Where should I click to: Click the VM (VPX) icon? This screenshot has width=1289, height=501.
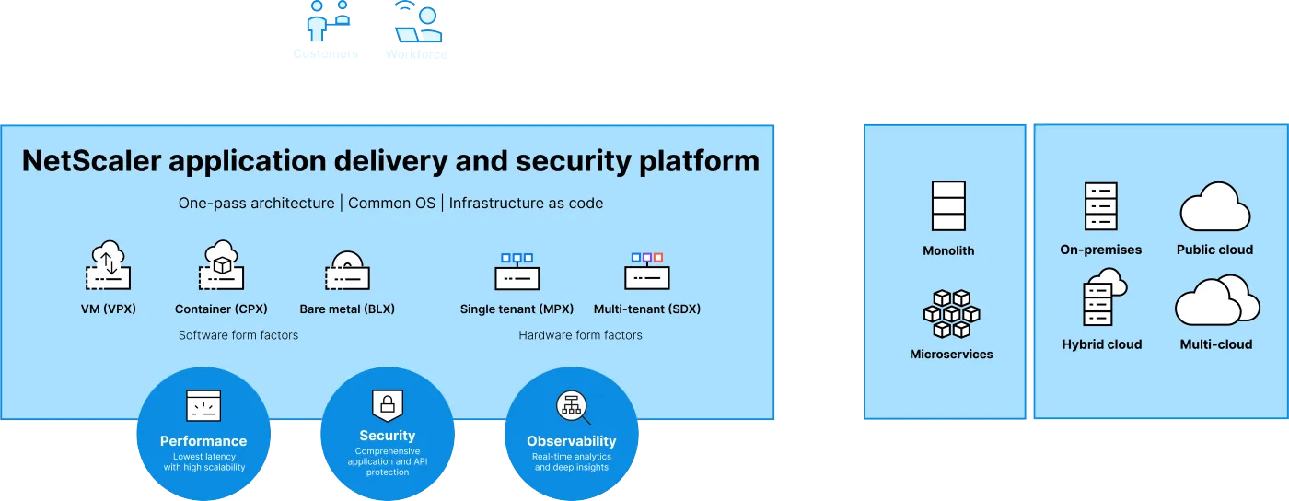[108, 267]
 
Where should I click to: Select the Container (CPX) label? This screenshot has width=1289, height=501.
[221, 309]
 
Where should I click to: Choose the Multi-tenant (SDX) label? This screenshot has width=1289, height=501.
[646, 309]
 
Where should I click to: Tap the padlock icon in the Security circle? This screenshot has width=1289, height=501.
[388, 404]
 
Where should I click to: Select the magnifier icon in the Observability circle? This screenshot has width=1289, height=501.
[572, 407]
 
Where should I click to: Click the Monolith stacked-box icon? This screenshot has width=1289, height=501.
[948, 205]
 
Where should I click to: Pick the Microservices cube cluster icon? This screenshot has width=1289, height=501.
[951, 314]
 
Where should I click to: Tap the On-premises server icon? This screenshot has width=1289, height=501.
[1100, 206]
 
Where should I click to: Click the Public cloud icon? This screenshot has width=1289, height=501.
[1214, 207]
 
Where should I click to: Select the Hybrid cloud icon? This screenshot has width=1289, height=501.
[1102, 297]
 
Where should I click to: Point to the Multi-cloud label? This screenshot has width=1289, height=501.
[1216, 344]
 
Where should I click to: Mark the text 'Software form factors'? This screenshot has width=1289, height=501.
[238, 335]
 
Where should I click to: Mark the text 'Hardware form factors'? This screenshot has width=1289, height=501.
[580, 335]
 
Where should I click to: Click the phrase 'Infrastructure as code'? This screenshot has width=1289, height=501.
[526, 204]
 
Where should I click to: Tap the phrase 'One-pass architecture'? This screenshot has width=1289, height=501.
[256, 204]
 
